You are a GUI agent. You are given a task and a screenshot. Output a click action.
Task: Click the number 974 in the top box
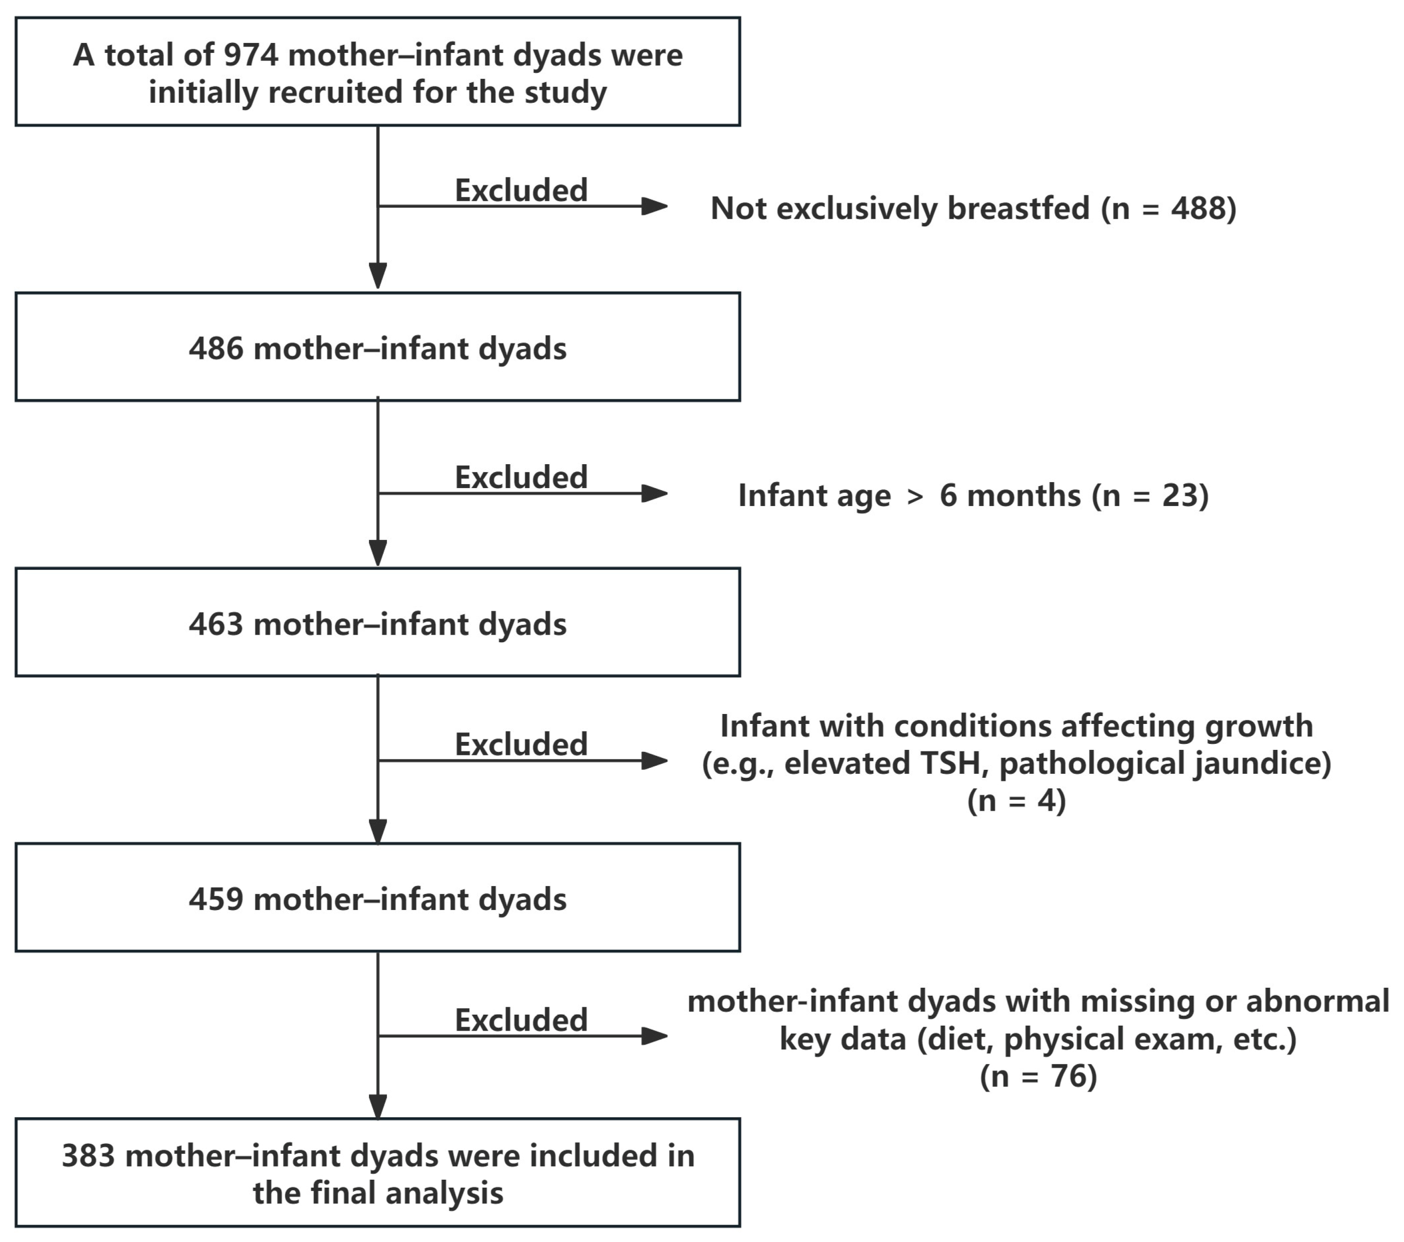tap(251, 55)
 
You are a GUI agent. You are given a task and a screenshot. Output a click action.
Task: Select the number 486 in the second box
tap(215, 349)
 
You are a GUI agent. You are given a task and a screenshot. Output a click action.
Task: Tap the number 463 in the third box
tap(215, 624)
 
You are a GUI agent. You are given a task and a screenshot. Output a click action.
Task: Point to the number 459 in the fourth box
tap(215, 899)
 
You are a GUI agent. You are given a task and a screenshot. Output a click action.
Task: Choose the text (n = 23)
tap(1150, 495)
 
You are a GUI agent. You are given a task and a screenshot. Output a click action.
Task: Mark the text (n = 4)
tap(1016, 801)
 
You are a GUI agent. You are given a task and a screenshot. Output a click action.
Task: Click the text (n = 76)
tap(1038, 1076)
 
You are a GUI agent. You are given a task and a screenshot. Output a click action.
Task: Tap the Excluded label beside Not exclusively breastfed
tap(521, 190)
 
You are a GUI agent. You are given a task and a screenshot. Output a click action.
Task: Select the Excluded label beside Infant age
tap(521, 477)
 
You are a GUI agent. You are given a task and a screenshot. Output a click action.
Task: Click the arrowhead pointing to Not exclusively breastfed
tap(654, 206)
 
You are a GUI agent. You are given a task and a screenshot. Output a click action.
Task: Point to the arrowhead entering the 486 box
tap(378, 276)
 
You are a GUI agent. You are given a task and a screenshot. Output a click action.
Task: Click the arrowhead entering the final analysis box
tap(378, 1106)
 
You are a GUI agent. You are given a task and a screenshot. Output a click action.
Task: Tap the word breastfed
tap(1018, 208)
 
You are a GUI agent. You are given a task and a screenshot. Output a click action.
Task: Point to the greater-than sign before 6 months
tap(915, 496)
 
